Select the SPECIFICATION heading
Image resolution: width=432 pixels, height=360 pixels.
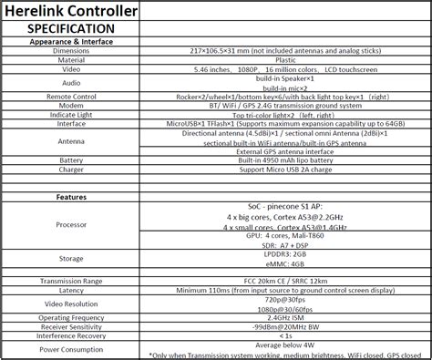(71, 29)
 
